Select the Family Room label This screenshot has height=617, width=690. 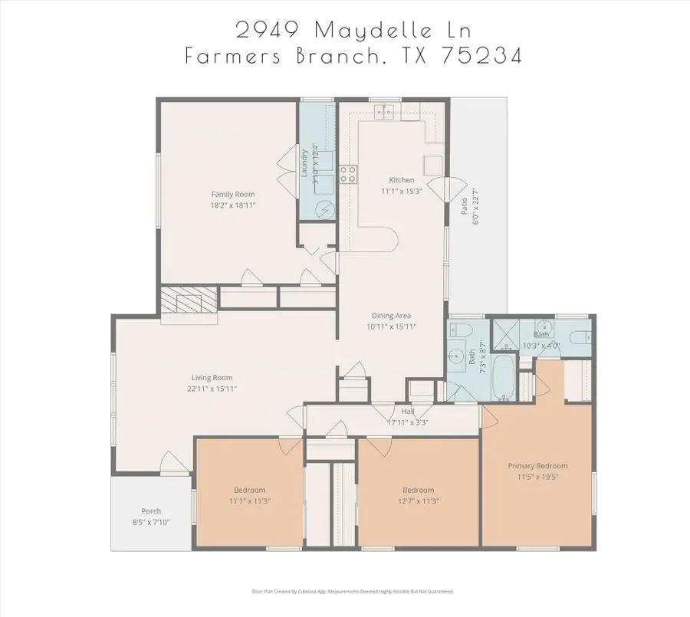click(233, 195)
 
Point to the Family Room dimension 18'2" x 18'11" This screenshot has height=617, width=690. click(233, 205)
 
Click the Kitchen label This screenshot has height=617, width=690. click(401, 180)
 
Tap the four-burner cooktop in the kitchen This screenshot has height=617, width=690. click(348, 174)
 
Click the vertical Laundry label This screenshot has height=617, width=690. click(304, 162)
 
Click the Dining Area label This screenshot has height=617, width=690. click(392, 316)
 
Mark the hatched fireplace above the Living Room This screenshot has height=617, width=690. click(189, 300)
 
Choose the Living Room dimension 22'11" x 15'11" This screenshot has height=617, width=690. click(212, 389)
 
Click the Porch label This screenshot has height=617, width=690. click(151, 511)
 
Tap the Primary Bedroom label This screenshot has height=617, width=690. click(537, 466)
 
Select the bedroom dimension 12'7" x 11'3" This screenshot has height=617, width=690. click(418, 501)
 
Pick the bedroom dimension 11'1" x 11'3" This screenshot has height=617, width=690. click(249, 501)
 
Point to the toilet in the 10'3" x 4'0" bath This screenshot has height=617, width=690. click(580, 336)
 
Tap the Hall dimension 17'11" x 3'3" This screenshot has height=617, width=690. click(407, 422)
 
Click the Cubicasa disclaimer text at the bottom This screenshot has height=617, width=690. click(353, 591)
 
